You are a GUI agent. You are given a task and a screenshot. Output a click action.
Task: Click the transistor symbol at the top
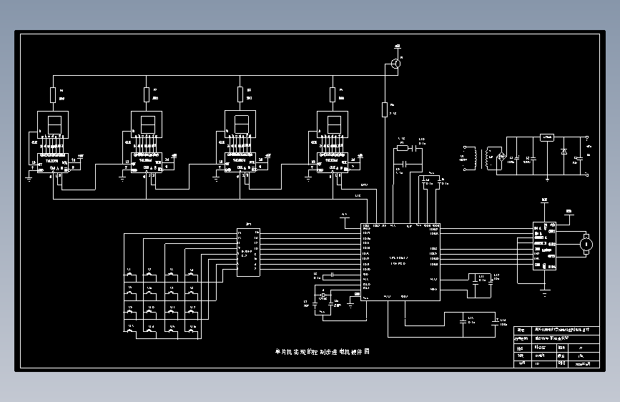(x=395, y=64)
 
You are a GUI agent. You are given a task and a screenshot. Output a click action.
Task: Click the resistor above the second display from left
(x=147, y=94)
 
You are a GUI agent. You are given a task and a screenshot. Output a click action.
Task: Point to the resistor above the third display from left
(x=240, y=94)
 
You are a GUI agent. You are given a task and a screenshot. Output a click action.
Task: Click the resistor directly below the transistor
(x=385, y=109)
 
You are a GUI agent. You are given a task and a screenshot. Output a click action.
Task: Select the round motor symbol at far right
(x=586, y=244)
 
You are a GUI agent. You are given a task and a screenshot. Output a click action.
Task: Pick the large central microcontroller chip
(x=400, y=262)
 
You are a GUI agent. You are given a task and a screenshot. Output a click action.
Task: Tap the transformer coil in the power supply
(x=489, y=158)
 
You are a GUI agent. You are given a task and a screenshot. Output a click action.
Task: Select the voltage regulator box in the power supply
(x=547, y=138)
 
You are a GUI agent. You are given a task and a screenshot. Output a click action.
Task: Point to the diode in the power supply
(x=564, y=152)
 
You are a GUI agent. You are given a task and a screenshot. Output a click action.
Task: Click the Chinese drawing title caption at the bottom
(x=322, y=352)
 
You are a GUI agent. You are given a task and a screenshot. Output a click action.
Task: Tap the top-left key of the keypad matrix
(x=131, y=275)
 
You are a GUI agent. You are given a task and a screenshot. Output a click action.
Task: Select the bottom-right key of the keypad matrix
(x=192, y=330)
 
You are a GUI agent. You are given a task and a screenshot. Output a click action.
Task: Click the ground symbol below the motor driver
(x=546, y=290)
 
